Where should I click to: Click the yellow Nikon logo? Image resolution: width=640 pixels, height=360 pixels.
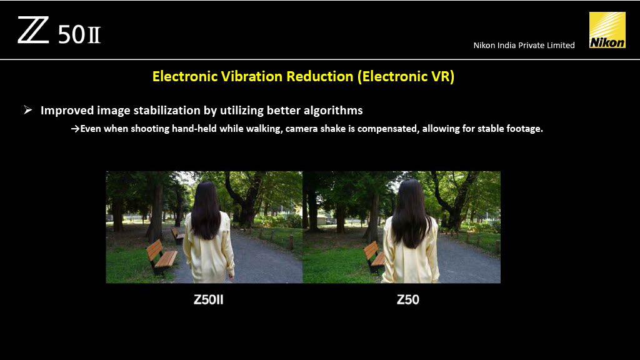[607, 30]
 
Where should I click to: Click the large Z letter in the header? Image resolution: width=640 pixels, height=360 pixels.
[33, 30]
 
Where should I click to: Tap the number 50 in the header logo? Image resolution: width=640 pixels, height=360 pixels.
[71, 35]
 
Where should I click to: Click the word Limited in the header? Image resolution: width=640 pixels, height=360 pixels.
[561, 45]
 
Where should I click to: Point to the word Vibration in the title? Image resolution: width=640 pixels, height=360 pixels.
[252, 76]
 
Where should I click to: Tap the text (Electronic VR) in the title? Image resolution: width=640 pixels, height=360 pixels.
[406, 77]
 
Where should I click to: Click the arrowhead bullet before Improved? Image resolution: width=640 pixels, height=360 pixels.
[27, 110]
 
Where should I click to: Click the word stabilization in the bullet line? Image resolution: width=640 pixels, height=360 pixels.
[175, 111]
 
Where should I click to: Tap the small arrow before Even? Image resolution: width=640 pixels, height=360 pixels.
[75, 129]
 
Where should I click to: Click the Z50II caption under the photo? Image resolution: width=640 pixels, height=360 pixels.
[209, 299]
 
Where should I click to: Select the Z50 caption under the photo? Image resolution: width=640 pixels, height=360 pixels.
[407, 299]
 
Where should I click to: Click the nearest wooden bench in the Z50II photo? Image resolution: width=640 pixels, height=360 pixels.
[161, 256]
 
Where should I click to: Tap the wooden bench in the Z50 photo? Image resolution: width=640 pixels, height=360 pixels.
[374, 256]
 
